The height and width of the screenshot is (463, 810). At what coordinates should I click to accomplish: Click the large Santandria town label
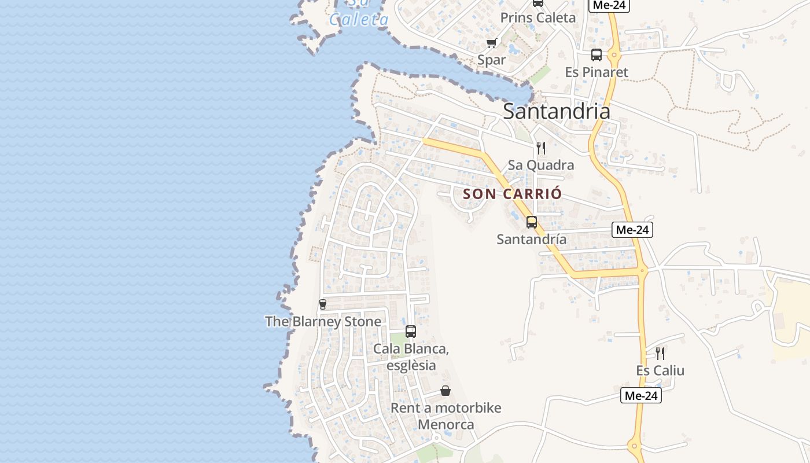pos(556,111)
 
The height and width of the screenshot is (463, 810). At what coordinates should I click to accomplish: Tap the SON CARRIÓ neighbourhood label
pos(513,194)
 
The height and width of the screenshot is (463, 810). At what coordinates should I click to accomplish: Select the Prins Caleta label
pos(538,17)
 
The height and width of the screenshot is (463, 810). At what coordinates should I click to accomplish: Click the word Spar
pos(491,60)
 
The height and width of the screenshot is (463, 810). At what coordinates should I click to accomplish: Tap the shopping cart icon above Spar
pos(492,43)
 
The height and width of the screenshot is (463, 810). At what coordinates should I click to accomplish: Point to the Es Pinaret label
pos(597,72)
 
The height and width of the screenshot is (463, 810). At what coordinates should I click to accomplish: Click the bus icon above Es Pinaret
pos(597,55)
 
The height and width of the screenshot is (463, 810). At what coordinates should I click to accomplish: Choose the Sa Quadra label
pos(541,165)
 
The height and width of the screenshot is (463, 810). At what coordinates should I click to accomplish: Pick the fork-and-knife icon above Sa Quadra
pos(541,148)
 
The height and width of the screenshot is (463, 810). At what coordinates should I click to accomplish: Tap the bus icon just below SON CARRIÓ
pos(532,222)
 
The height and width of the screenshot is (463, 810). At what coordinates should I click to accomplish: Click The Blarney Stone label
pos(323,321)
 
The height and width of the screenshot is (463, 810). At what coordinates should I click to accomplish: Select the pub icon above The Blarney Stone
pos(323,304)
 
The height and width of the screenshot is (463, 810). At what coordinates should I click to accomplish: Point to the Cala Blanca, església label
pos(411,357)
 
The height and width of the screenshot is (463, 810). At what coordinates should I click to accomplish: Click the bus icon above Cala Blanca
pos(411,332)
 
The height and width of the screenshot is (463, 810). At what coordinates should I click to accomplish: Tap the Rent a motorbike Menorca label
pos(446,416)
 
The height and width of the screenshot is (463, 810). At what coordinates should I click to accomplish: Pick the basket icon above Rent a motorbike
pos(446,391)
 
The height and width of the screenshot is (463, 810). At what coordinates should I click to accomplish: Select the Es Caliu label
pos(660,370)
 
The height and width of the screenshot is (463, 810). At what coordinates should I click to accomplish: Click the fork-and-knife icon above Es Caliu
pos(660,353)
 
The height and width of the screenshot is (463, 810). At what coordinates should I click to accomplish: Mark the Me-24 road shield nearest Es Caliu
pos(640,396)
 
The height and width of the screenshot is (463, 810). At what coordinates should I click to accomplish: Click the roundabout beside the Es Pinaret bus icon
pos(614,56)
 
